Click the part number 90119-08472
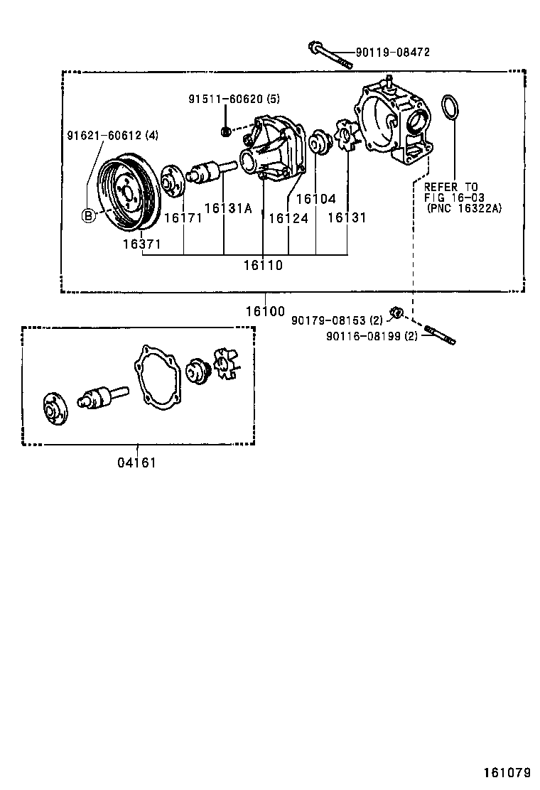[x=393, y=53]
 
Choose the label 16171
[x=183, y=218]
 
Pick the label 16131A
[x=228, y=208]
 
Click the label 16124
[x=288, y=218]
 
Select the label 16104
[x=315, y=200]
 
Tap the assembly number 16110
[x=262, y=266]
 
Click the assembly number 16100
[x=265, y=311]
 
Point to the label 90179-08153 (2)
[x=337, y=321]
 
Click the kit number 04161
[x=136, y=463]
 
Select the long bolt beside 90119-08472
[x=331, y=57]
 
